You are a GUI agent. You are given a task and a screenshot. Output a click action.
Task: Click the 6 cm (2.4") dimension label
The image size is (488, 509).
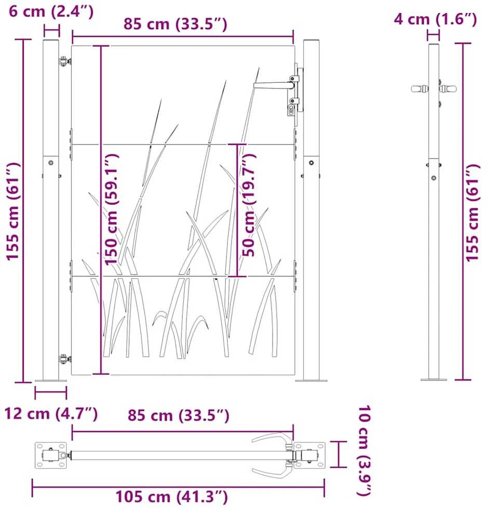(51, 11)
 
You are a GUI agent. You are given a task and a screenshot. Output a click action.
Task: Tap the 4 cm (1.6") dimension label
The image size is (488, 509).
(435, 19)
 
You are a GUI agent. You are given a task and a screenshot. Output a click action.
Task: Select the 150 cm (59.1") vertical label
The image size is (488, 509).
(111, 209)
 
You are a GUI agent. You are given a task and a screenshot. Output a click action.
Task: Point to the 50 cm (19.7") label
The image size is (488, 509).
(249, 205)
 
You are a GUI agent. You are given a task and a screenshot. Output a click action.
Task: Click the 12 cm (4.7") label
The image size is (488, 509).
(51, 413)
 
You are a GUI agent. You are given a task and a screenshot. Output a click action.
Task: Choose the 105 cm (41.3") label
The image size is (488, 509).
(172, 497)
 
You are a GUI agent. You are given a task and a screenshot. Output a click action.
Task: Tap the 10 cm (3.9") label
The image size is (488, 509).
(364, 450)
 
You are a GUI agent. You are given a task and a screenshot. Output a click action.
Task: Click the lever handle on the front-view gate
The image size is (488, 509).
(274, 85)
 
